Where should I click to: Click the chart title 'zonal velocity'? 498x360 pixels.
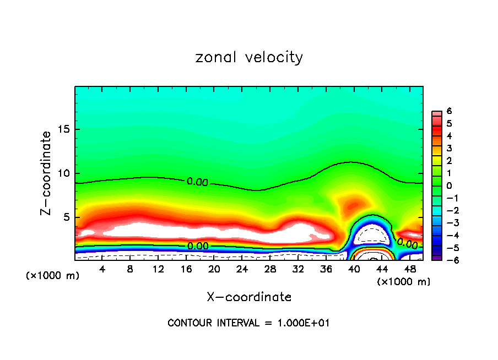coord(249,57)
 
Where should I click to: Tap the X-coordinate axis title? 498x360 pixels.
coord(249,297)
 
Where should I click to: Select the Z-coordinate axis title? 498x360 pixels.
coord(47,173)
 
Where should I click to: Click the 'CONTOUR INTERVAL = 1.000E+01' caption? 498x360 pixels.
coord(248,323)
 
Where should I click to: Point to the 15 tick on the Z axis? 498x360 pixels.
coord(65,129)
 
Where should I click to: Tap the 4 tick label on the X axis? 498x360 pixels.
coord(102,269)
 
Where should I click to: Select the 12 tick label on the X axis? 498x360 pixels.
coord(158,269)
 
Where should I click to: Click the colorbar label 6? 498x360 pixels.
coord(449,111)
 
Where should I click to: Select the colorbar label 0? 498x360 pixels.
coord(449,186)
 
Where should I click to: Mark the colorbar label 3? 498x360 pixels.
coord(449,148)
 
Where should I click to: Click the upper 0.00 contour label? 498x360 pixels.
coord(197,182)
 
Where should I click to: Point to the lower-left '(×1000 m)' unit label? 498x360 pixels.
coord(53,275)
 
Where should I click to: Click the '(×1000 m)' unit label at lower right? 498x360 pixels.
coord(404,282)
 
